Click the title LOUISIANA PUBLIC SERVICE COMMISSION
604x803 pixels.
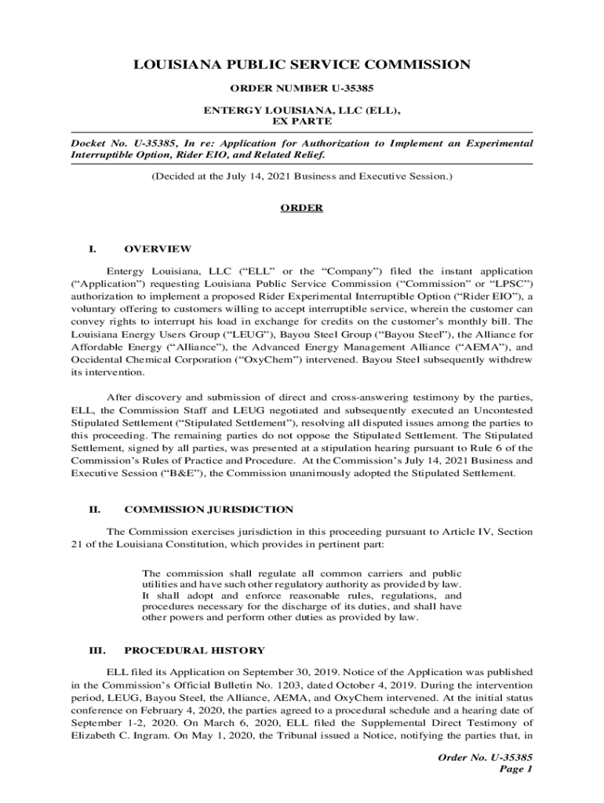(302, 64)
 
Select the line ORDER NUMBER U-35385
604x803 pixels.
(302, 88)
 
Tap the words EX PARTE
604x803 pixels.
(302, 122)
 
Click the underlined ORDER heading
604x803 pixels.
(302, 208)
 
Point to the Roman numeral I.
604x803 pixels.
(92, 249)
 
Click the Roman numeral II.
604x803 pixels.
(93, 510)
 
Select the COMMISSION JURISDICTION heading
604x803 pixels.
(209, 510)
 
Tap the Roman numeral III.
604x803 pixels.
(95, 651)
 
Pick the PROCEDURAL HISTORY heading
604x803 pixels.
(195, 651)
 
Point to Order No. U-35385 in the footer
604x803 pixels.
(486, 757)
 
